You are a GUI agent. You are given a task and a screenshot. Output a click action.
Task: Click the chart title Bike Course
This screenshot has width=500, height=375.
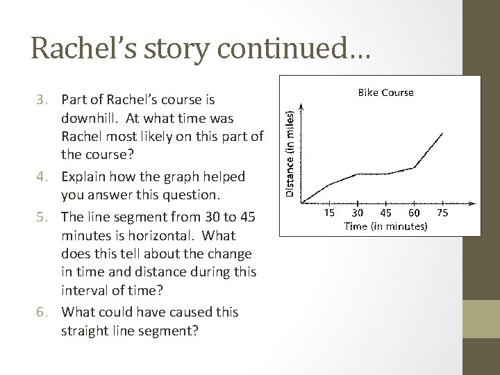point(385,92)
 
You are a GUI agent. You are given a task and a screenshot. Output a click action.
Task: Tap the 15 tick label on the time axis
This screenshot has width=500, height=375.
point(331,212)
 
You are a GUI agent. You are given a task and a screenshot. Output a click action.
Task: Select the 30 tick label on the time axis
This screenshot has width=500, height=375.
point(358,212)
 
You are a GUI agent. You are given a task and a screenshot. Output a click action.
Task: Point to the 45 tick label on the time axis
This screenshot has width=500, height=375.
point(387,212)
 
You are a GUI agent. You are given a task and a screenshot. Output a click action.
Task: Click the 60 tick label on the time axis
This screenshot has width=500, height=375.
point(415,212)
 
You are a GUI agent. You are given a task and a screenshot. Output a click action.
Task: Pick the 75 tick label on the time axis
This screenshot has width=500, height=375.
point(443,212)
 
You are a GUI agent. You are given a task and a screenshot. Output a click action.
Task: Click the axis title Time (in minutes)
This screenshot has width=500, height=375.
point(386,225)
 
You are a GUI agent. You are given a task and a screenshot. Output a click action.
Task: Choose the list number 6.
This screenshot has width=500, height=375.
point(41,312)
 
